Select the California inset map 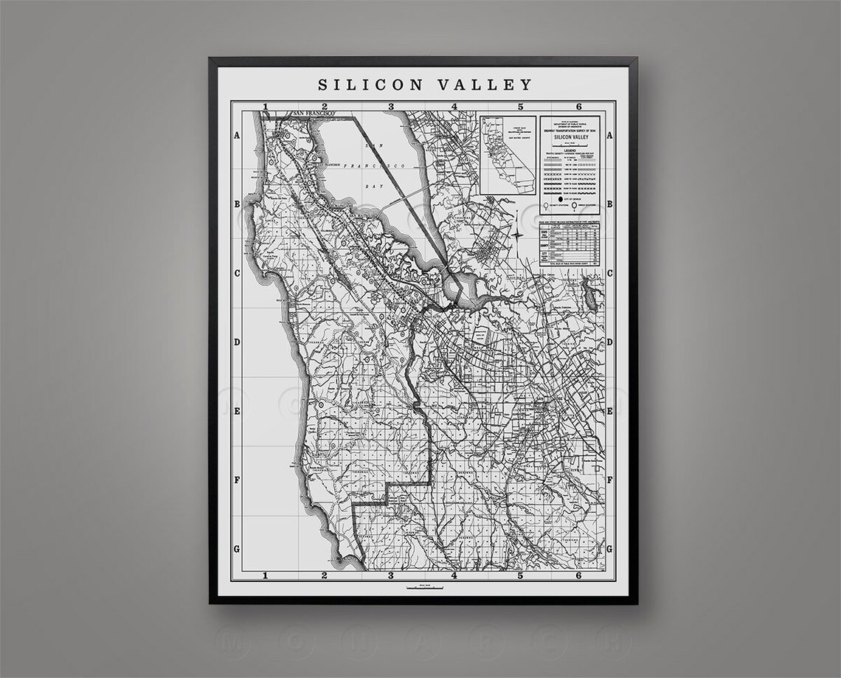[507, 155]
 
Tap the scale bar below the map [424, 588]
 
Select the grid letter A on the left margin [238, 136]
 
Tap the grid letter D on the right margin [609, 342]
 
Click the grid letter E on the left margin [238, 411]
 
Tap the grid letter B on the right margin [609, 204]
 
